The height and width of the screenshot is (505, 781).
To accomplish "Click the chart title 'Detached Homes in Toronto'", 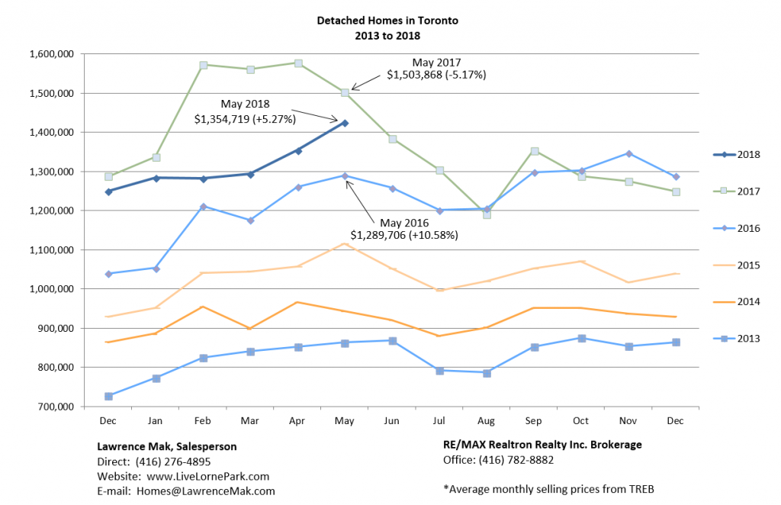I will pyautogui.click(x=387, y=21).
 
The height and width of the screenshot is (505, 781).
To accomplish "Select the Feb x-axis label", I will pyautogui.click(x=204, y=420).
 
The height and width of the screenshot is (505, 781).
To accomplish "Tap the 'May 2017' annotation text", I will pyautogui.click(x=437, y=62).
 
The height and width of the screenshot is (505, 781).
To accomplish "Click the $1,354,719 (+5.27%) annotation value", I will pyautogui.click(x=245, y=119).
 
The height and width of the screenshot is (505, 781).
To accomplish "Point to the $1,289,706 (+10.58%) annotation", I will pyautogui.click(x=403, y=235).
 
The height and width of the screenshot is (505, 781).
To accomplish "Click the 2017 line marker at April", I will pyautogui.click(x=298, y=63).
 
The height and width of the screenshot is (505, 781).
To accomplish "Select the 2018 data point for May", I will pyautogui.click(x=345, y=123).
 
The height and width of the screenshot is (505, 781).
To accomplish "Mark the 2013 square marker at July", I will pyautogui.click(x=439, y=371).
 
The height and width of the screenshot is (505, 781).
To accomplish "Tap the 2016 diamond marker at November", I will pyautogui.click(x=628, y=153).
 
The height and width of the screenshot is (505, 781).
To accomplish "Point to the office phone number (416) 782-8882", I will pyautogui.click(x=516, y=460).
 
